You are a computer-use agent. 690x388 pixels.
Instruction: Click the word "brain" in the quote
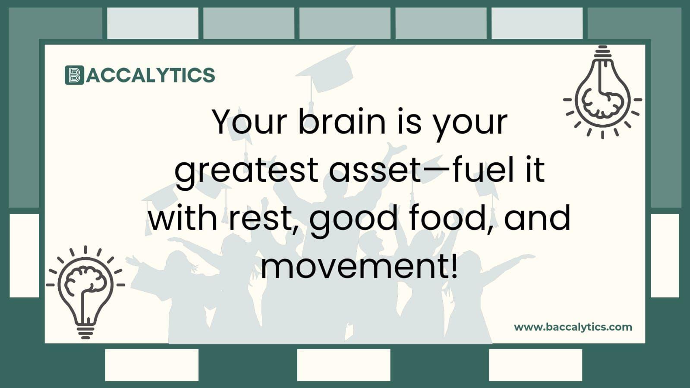[342, 122]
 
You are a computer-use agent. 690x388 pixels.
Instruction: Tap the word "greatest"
[246, 170]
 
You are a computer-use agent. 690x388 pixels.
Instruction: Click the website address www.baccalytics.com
[573, 327]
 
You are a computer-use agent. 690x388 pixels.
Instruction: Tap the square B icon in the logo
[74, 75]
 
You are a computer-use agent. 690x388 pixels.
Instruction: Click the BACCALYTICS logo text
[150, 75]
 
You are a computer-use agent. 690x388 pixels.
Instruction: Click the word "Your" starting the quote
[249, 122]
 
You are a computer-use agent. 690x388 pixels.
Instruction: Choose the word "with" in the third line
[183, 218]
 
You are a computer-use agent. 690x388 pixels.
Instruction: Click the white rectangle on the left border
[24, 255]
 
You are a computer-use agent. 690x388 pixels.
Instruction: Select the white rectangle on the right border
[665, 255]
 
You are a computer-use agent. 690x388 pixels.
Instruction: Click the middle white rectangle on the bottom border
[343, 365]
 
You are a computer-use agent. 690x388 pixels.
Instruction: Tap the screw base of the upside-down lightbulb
[602, 52]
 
